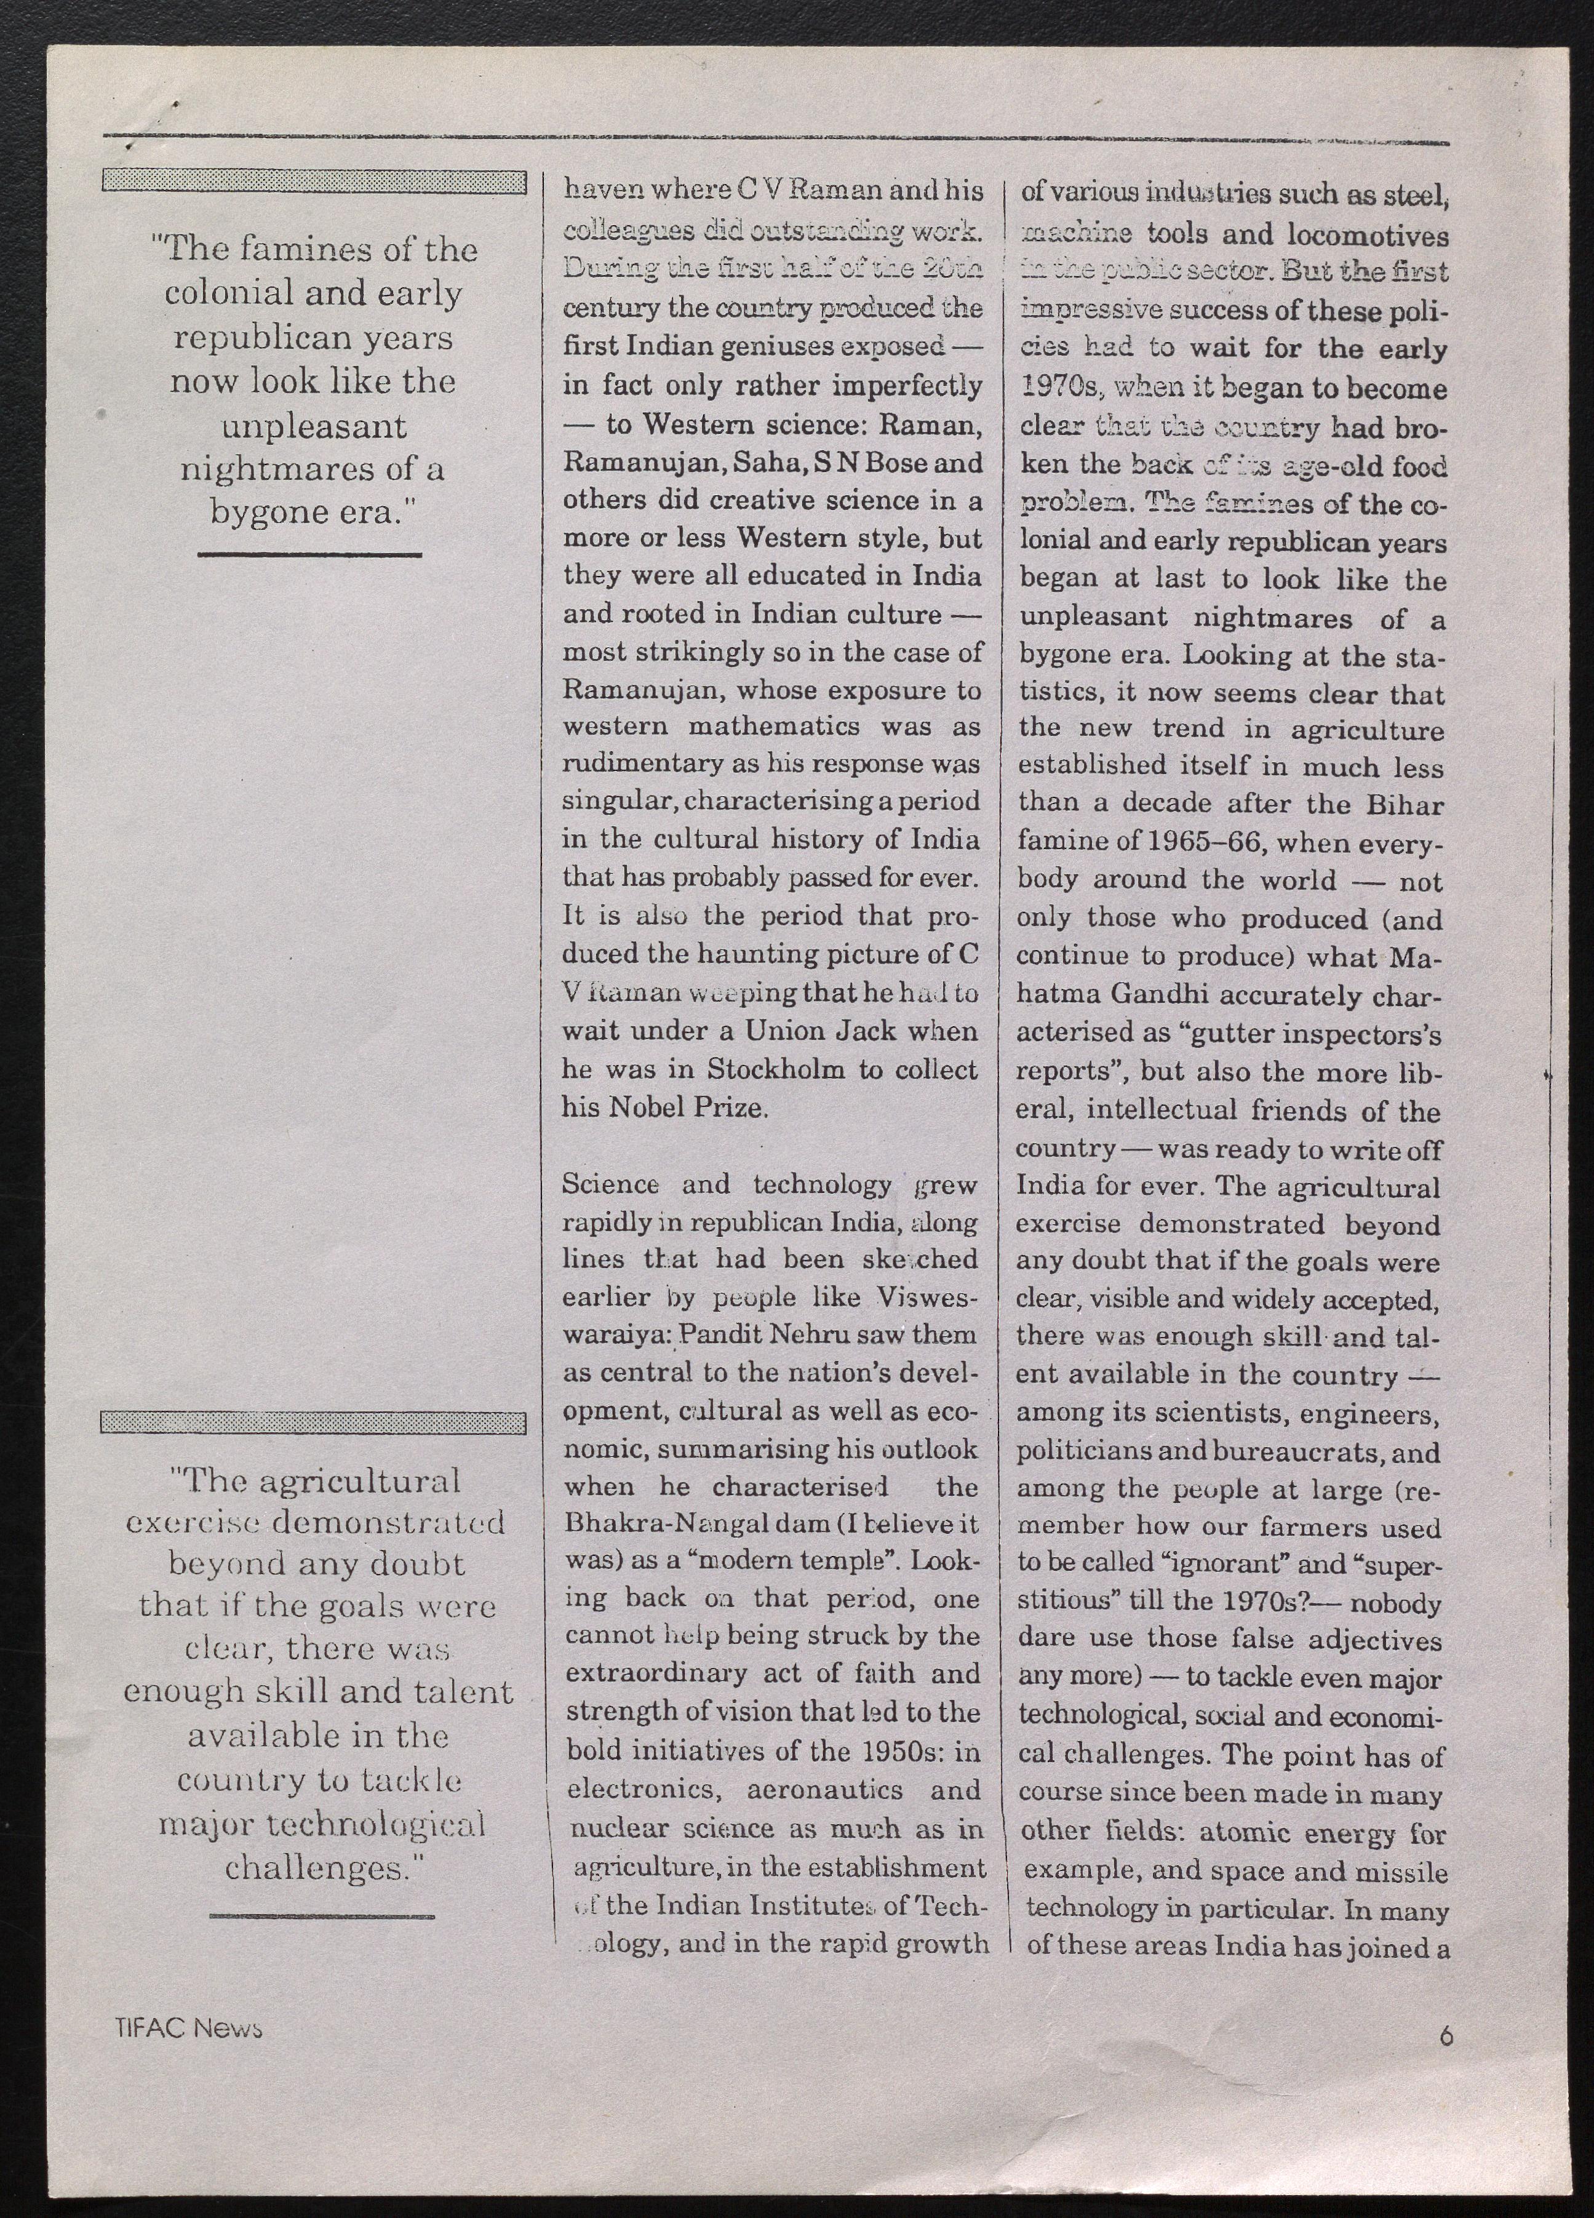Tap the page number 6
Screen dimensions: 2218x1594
(x=1446, y=2033)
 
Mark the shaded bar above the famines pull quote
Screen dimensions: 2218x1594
(x=313, y=181)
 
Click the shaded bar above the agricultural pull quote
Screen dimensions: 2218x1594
(x=313, y=1423)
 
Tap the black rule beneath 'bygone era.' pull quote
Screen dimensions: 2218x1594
(x=309, y=554)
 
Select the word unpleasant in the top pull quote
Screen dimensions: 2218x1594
(x=313, y=426)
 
